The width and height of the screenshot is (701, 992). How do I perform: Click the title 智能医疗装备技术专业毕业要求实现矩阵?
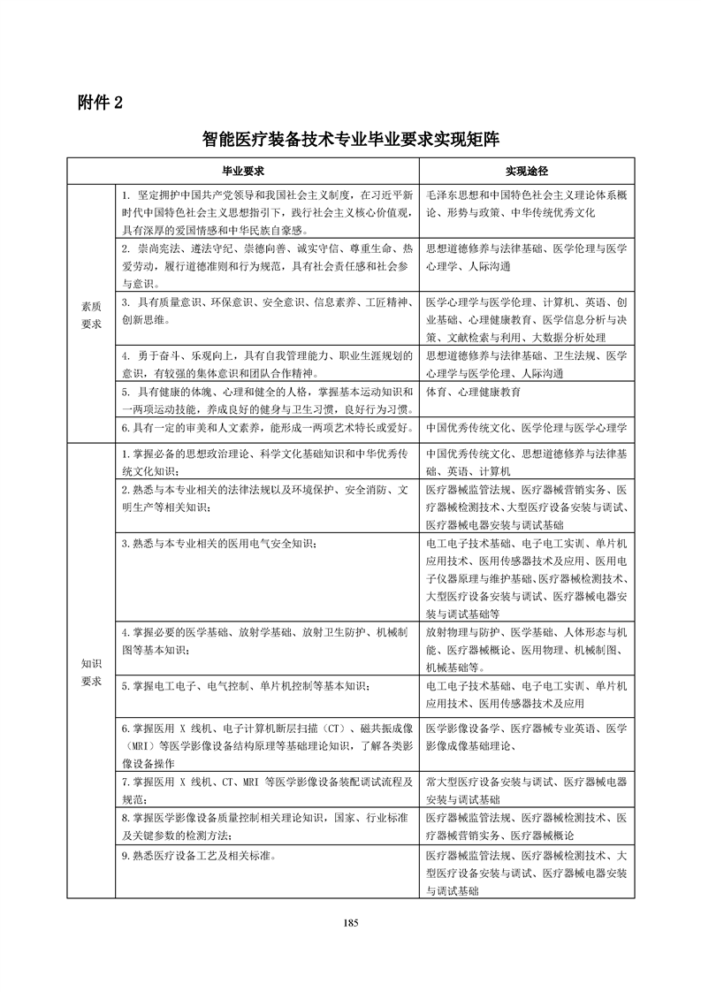click(x=350, y=138)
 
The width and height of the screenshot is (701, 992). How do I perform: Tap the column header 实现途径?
click(x=527, y=169)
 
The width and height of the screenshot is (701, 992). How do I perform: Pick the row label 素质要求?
click(x=91, y=314)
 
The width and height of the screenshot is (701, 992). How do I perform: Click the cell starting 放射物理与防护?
click(x=527, y=650)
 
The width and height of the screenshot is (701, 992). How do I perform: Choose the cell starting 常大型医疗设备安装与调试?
click(x=527, y=790)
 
